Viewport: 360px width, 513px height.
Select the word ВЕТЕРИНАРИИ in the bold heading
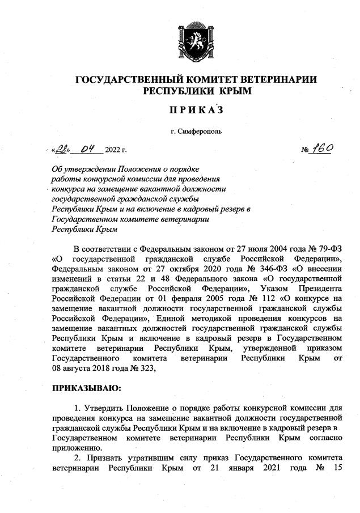(x=269, y=79)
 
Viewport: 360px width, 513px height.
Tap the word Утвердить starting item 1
(x=100, y=408)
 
